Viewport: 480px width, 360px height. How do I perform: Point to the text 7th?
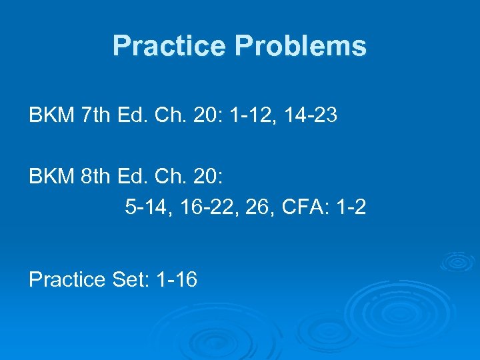94,116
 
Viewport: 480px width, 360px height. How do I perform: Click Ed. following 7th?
129,116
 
